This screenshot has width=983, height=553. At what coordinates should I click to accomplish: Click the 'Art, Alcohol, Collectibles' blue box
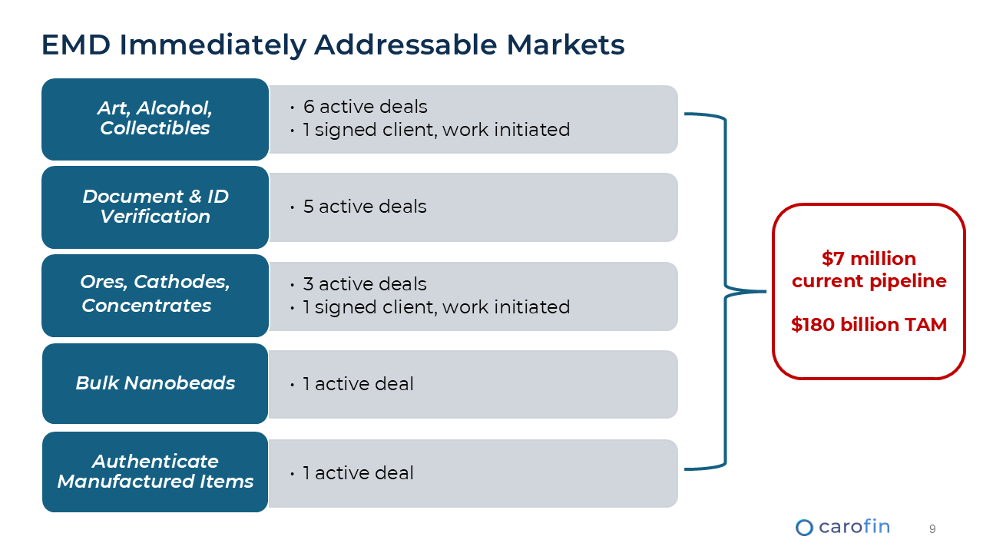155,119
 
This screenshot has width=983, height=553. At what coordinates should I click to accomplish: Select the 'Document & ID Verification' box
155,207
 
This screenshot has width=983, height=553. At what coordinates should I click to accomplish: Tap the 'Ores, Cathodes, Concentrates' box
155,295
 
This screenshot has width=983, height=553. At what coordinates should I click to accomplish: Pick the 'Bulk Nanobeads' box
155,383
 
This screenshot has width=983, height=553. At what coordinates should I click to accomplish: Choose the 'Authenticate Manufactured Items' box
155,472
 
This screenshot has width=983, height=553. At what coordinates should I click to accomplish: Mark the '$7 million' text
869,259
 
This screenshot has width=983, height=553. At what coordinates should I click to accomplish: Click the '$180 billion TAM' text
869,325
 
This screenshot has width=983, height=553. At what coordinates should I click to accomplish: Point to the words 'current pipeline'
869,281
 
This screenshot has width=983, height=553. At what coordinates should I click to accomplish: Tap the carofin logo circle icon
804,527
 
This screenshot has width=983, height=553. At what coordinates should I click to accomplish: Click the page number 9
932,528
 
